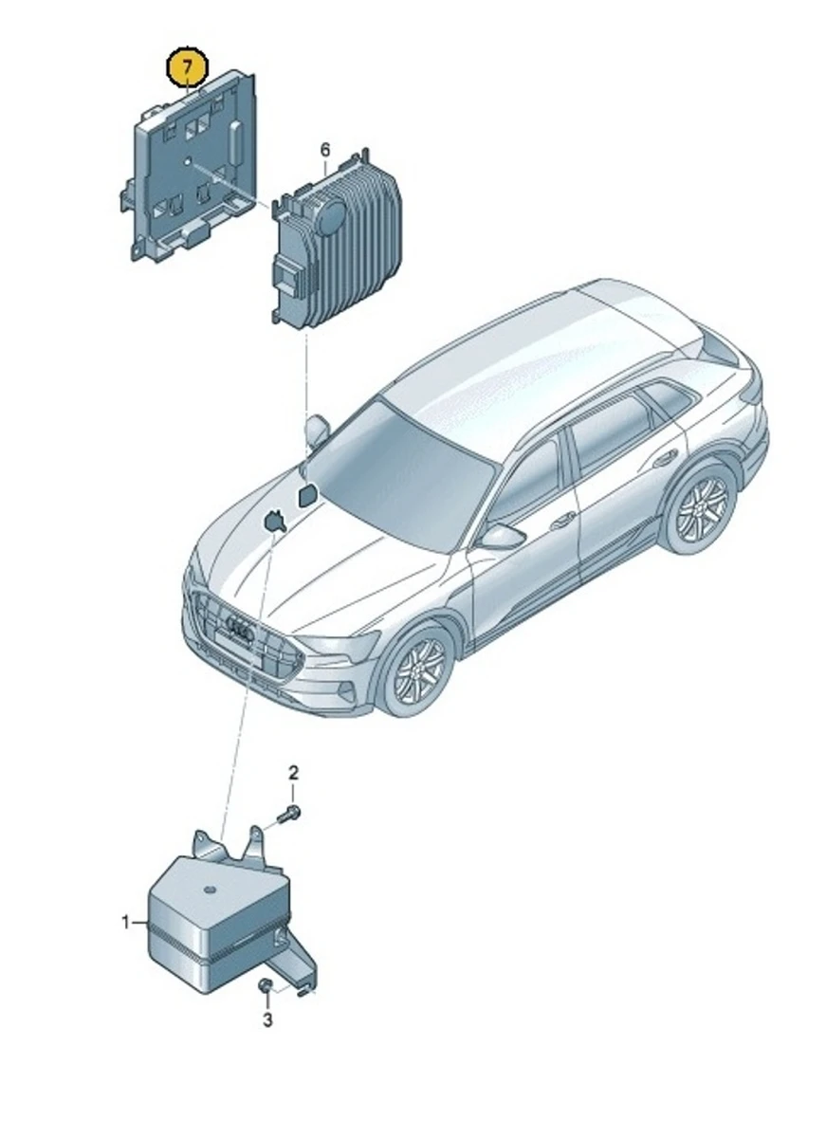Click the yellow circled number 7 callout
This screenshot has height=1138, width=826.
tap(188, 67)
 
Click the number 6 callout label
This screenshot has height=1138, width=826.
tap(324, 150)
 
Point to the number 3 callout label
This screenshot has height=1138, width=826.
tap(267, 1020)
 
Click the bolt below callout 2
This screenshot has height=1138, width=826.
tap(289, 812)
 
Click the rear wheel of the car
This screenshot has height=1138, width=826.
tap(700, 507)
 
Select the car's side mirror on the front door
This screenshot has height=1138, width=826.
tap(501, 537)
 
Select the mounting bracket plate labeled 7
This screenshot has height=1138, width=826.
tap(190, 171)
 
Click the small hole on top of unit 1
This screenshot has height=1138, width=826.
tap(208, 891)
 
